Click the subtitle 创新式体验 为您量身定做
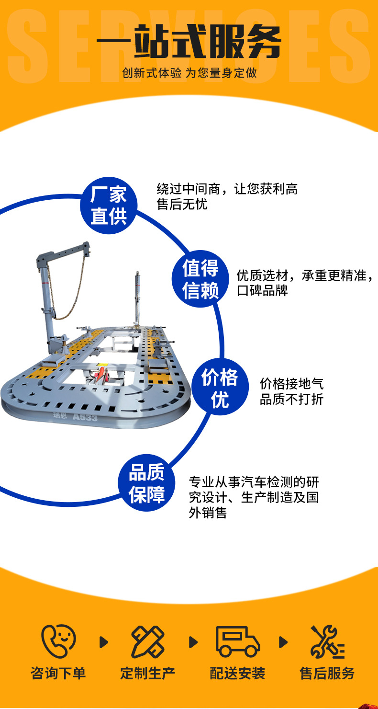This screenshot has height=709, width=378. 189,73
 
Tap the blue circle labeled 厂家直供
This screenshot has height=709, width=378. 109,206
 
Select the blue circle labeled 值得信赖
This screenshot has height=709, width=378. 200,279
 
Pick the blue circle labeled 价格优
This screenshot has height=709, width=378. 220,388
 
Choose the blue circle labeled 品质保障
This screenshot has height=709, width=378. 147,483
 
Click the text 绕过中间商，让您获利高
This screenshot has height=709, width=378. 227,189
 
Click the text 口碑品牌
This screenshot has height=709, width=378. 262,291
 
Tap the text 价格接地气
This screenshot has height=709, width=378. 291,384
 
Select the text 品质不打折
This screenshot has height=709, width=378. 291,400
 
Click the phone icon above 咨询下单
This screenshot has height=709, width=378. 58,641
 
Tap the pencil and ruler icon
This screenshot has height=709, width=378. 147,641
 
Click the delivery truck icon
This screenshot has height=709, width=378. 237,641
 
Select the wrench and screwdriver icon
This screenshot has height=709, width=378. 327,641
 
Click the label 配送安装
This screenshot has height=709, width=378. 237,673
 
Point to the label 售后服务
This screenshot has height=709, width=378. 327,673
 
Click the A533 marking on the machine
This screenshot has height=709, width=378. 85,417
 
